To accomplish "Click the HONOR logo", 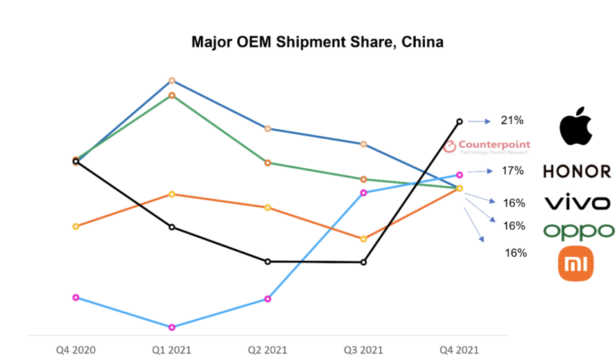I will click(x=577, y=171).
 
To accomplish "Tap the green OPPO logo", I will click(x=579, y=231).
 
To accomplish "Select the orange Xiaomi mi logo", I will click(x=576, y=264).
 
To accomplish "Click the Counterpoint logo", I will click(x=486, y=147).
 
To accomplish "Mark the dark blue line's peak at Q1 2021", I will click(x=172, y=80).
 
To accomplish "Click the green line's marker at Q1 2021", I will click(x=172, y=95).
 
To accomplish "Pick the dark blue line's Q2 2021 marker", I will click(x=267, y=128).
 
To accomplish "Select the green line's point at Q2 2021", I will click(x=267, y=163).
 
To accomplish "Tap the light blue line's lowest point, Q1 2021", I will click(x=172, y=327).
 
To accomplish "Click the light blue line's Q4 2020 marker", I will click(x=75, y=297).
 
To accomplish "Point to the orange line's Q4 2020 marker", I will click(x=75, y=226).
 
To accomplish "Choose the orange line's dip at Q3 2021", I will click(x=363, y=239).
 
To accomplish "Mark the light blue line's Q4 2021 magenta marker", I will click(x=460, y=174).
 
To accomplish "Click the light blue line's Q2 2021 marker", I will click(x=267, y=299).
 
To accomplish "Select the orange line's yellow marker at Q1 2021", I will click(x=172, y=194).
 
